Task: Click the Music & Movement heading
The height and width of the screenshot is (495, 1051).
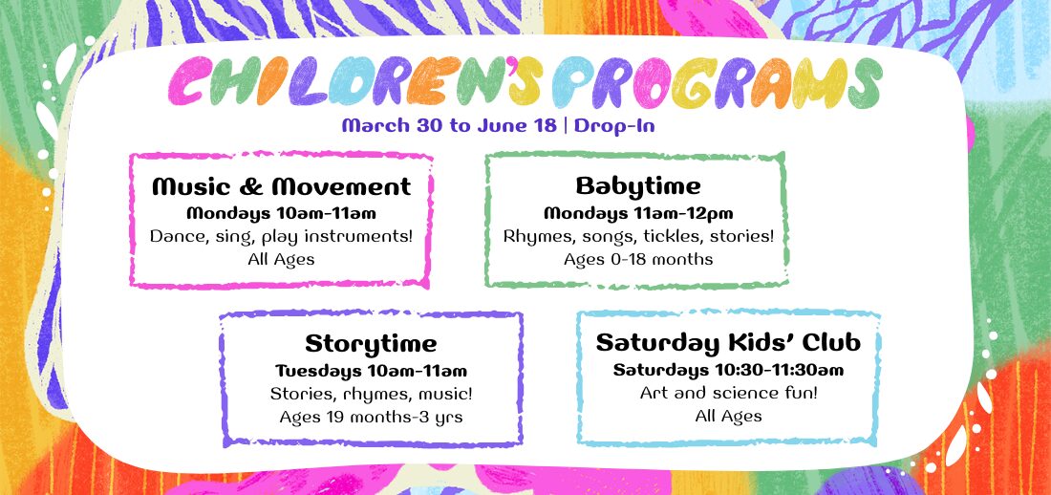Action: click(281, 186)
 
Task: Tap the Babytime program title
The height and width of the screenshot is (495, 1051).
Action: click(637, 185)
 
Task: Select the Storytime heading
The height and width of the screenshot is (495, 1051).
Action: click(371, 344)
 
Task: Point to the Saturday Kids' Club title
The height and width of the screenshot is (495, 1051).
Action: click(728, 343)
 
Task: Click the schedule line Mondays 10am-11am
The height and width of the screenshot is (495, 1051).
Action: click(281, 214)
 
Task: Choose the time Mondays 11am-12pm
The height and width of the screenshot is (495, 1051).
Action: click(637, 214)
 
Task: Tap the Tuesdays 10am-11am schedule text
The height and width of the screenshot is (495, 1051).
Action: click(371, 371)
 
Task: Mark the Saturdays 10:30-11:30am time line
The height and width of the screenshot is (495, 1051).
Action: click(728, 370)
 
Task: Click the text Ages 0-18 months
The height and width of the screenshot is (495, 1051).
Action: click(637, 259)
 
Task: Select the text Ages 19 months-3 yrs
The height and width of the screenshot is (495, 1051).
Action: click(371, 418)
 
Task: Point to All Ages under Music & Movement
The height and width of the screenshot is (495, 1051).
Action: click(281, 259)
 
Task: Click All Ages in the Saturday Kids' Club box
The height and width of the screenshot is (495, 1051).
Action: click(728, 417)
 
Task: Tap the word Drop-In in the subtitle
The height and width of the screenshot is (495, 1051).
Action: click(614, 126)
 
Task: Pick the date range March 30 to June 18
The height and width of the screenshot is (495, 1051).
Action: click(449, 126)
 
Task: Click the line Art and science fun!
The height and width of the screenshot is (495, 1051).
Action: click(728, 393)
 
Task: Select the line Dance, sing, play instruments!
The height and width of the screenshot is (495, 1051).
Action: click(281, 237)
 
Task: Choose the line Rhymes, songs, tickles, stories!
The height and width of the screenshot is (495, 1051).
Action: click(637, 237)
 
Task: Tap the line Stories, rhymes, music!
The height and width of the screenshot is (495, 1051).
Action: click(371, 394)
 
